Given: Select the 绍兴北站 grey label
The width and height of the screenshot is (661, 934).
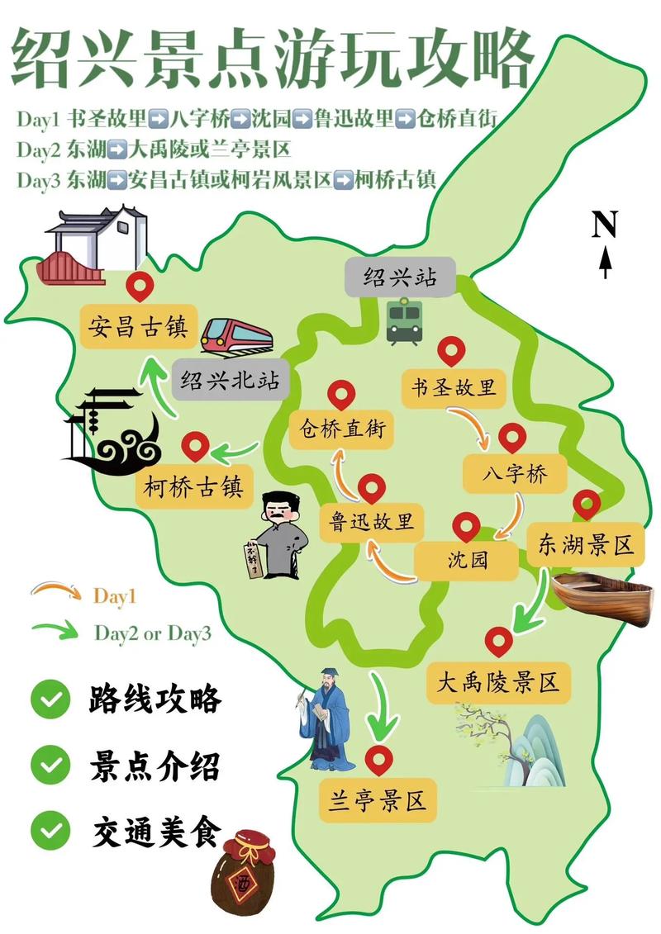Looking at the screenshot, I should [x=230, y=381].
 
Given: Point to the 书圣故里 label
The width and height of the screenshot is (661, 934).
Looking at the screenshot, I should [x=453, y=387].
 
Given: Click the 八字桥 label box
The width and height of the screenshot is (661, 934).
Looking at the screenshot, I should [x=516, y=474].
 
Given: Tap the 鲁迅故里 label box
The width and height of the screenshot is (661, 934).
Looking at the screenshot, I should [x=372, y=521].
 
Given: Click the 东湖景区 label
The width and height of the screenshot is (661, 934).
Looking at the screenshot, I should [x=585, y=544].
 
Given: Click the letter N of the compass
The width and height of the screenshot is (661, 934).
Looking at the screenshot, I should [x=605, y=224].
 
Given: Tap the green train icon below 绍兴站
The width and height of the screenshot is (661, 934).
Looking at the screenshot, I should [x=404, y=320].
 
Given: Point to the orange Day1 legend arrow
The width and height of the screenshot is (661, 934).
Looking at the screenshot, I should [x=55, y=591].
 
